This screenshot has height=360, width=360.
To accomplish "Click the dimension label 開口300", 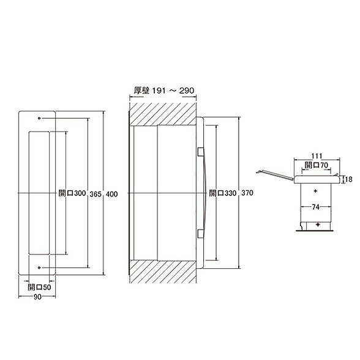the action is tap(72, 193).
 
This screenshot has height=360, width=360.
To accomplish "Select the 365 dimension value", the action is tap(96, 194).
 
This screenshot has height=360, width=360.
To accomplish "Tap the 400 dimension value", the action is tap(112, 194).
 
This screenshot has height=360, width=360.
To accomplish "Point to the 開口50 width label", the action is tap(39, 287).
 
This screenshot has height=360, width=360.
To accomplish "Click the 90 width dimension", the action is tap(37, 297).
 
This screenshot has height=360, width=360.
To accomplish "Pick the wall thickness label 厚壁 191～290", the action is tap(164, 91).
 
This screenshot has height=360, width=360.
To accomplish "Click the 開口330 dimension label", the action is tap(222, 193).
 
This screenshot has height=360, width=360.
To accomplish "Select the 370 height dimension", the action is tap(247, 193).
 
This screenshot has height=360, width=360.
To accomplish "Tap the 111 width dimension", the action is tap(317, 156).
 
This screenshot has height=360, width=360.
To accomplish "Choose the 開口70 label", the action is tap(317, 165).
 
